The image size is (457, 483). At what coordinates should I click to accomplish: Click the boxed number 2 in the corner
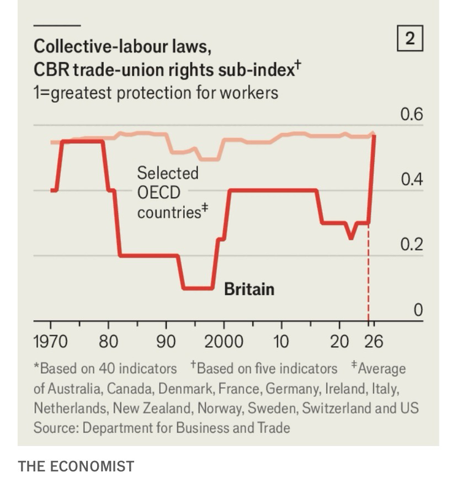410,39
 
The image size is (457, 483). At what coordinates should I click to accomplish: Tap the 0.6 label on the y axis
411,115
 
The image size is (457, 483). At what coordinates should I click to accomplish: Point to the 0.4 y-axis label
411,180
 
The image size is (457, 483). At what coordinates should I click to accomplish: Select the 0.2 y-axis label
411,245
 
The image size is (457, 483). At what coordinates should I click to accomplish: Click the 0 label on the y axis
418,310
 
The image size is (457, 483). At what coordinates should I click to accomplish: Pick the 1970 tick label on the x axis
50,342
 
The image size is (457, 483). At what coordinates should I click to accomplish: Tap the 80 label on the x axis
108,342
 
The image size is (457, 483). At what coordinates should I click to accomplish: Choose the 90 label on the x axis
166,342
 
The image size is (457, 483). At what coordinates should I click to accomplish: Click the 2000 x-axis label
223,342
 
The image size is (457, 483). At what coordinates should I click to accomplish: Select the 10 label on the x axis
281,342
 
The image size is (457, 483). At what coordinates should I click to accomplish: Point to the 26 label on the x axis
373,342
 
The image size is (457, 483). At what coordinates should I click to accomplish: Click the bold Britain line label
249,289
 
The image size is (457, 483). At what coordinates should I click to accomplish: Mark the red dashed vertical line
368,276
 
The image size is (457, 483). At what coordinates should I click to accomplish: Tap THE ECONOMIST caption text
76,466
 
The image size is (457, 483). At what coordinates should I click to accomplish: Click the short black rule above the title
57,25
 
